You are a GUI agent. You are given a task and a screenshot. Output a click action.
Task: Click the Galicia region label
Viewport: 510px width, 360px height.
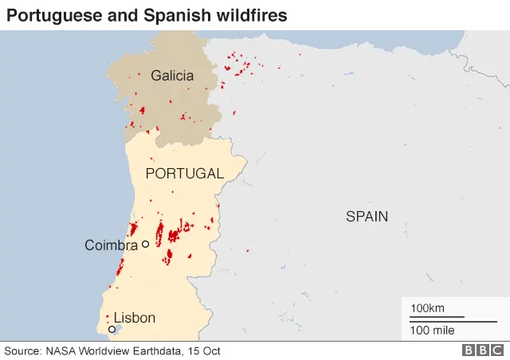[x=171, y=76]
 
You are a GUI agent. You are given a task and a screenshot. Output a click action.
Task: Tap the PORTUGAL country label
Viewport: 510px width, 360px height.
[x=184, y=173]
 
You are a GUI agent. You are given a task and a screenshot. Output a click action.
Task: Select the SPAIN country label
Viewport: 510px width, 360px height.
[x=367, y=216]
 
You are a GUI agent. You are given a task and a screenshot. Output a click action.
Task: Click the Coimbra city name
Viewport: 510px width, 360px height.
[x=111, y=245]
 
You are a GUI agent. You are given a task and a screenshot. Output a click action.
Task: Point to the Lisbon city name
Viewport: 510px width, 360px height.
[x=134, y=318]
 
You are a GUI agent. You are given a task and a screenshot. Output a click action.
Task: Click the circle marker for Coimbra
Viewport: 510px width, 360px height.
[x=145, y=245]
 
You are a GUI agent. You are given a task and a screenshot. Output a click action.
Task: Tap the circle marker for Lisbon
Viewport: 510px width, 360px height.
[x=112, y=329]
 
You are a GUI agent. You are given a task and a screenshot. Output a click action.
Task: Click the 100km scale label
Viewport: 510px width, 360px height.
[x=427, y=308]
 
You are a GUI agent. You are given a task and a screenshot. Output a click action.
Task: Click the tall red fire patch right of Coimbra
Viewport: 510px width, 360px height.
[x=159, y=233]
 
